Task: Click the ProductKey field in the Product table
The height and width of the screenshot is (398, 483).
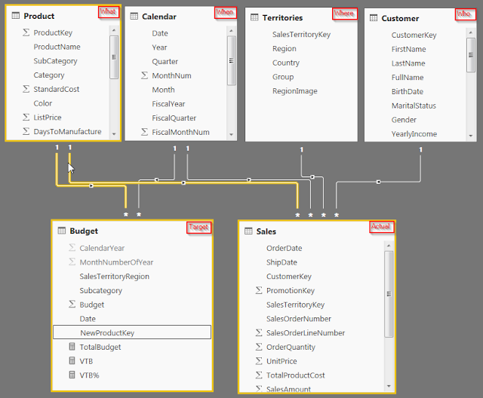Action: [x=53, y=32]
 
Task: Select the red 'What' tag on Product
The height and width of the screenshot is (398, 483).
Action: [x=109, y=12]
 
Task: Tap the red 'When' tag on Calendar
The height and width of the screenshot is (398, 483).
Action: [x=225, y=13]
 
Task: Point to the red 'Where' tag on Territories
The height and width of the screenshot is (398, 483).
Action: [x=345, y=14]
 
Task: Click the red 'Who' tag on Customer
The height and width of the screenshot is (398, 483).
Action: [x=465, y=14]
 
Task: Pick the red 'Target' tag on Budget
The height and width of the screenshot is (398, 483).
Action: [x=199, y=228]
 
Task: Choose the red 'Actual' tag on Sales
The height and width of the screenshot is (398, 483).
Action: [x=381, y=227]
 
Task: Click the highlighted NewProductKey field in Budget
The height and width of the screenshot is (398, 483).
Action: [x=107, y=332]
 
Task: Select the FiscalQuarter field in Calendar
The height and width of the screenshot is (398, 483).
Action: [x=174, y=118]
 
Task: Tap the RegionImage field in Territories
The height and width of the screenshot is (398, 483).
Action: [x=295, y=91]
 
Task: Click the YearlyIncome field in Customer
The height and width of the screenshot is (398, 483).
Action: [x=414, y=134]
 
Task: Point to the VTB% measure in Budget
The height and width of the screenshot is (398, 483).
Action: [x=89, y=375]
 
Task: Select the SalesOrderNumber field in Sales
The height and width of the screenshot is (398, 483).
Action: [x=299, y=319]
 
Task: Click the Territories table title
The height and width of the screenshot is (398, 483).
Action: [x=282, y=18]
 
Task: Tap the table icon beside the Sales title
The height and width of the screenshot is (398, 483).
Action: [x=248, y=231]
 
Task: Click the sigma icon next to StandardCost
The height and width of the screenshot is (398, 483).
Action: [x=26, y=89]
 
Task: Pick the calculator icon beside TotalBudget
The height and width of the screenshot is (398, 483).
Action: [x=72, y=347]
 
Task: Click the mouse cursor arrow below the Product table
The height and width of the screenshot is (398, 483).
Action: [x=71, y=168]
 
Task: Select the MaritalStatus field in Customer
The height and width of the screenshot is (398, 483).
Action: [x=414, y=106]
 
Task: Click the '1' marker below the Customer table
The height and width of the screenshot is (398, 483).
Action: [x=421, y=150]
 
